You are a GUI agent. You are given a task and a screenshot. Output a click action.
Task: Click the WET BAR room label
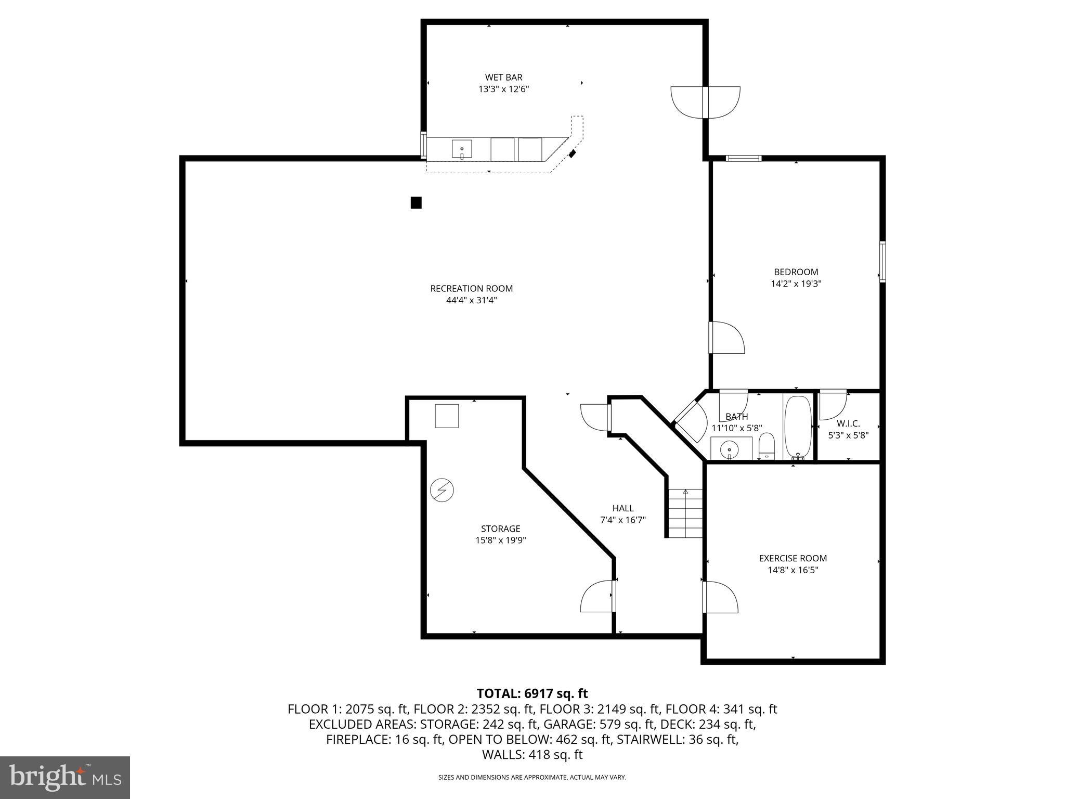[x=503, y=78]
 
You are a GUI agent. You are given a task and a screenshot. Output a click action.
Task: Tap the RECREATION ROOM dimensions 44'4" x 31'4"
[x=471, y=300]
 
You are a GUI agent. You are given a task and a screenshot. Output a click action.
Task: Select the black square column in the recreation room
[x=416, y=202]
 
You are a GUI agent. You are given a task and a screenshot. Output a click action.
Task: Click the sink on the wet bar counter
[x=462, y=149]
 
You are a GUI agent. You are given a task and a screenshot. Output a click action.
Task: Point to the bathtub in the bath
[x=798, y=426]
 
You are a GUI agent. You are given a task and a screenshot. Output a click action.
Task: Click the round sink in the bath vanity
[x=730, y=449]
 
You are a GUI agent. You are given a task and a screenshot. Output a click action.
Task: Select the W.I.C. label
[x=848, y=423]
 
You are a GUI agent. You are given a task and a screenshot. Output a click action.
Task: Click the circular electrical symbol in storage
[x=442, y=490]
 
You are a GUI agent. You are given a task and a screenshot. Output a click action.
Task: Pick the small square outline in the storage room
[x=447, y=416]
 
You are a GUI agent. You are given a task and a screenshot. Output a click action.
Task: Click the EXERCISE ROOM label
[x=793, y=558]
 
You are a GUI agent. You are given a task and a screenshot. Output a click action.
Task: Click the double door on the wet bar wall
[x=706, y=102]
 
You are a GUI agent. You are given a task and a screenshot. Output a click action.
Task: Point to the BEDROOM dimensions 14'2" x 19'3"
[x=796, y=284]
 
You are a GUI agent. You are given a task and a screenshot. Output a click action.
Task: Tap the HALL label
[x=622, y=508]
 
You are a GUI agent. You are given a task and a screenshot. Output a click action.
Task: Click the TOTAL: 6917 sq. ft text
[x=532, y=693]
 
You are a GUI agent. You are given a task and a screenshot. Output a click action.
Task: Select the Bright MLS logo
[x=64, y=777]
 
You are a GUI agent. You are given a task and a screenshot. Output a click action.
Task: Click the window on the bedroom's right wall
[x=882, y=262]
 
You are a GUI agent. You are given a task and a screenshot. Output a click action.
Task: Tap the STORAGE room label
[x=500, y=529]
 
